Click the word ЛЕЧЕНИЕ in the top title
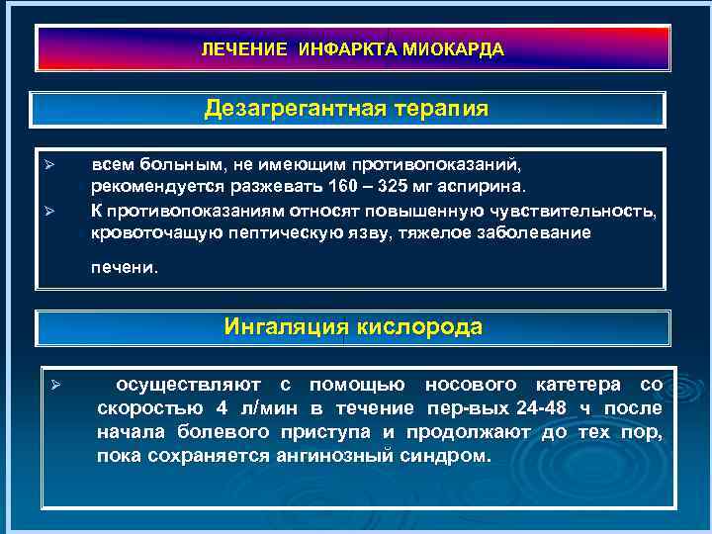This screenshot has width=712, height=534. pyautogui.click(x=238, y=49)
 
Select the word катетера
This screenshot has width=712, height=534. pyautogui.click(x=578, y=384)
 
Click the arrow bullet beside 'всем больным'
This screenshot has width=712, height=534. pyautogui.click(x=57, y=161)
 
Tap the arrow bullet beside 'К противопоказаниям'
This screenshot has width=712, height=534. pyautogui.click(x=57, y=209)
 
